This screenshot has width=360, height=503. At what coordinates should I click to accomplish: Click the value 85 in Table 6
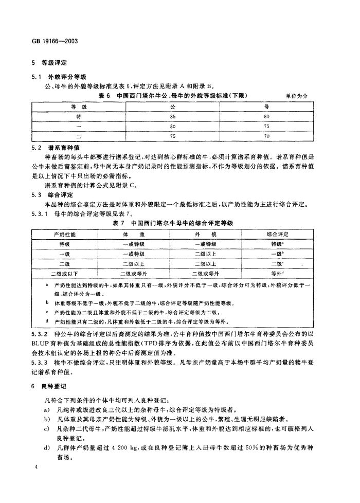click(173, 116)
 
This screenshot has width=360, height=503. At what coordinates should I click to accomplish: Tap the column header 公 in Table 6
click(173, 106)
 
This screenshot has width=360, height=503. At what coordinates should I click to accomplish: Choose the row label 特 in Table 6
click(79, 116)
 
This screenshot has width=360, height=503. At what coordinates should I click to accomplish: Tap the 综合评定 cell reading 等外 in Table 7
click(277, 273)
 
